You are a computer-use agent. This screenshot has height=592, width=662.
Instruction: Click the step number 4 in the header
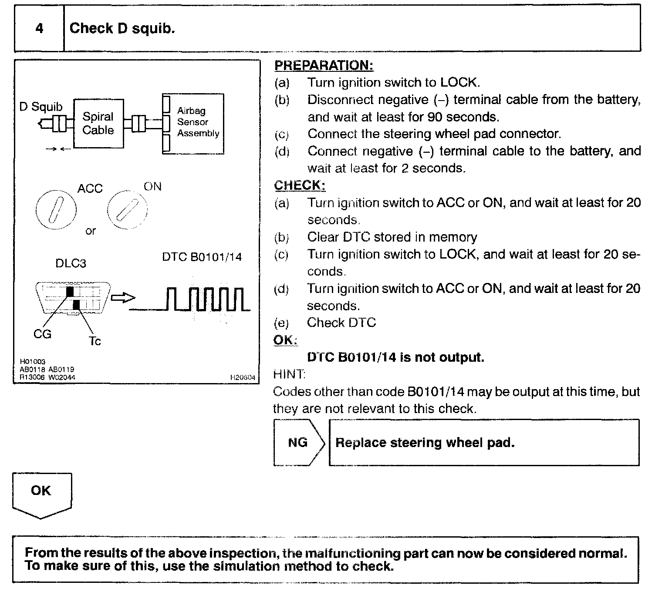click(39, 29)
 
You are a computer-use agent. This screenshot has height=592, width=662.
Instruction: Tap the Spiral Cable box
click(98, 123)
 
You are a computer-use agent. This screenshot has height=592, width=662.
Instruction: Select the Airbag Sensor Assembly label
click(198, 122)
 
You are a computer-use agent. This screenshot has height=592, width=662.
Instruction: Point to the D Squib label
click(41, 107)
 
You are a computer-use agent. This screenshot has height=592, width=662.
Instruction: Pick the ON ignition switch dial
click(127, 210)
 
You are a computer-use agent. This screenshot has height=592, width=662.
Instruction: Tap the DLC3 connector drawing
click(73, 298)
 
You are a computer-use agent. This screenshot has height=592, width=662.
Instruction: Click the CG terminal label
click(42, 334)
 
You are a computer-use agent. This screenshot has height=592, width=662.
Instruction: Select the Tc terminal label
click(95, 341)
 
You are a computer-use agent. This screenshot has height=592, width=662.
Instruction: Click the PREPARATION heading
click(324, 66)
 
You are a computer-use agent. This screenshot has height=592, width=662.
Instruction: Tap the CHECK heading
click(300, 185)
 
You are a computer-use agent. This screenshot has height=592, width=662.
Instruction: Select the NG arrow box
click(298, 443)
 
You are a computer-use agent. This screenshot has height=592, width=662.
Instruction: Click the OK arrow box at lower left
click(41, 494)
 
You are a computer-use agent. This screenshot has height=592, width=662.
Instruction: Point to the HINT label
click(289, 374)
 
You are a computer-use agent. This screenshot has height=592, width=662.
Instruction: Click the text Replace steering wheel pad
click(425, 443)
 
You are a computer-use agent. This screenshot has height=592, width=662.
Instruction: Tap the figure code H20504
click(243, 378)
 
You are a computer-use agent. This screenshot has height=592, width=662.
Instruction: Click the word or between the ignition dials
click(90, 231)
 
